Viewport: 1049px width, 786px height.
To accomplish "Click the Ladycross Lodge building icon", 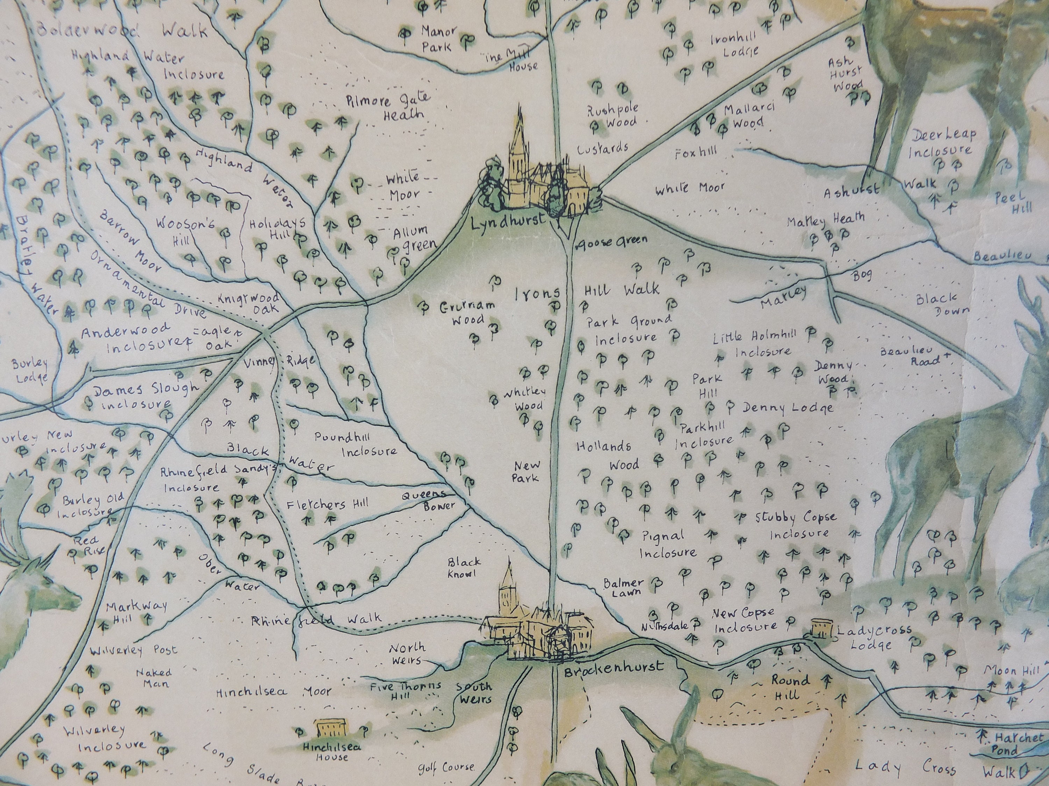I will (822, 628).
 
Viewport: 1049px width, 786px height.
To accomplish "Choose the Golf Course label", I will (446, 767).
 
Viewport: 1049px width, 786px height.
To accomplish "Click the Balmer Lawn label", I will (623, 587).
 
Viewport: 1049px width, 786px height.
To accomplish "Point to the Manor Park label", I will (438, 39).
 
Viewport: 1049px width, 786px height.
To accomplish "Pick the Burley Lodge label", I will (31, 371).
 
